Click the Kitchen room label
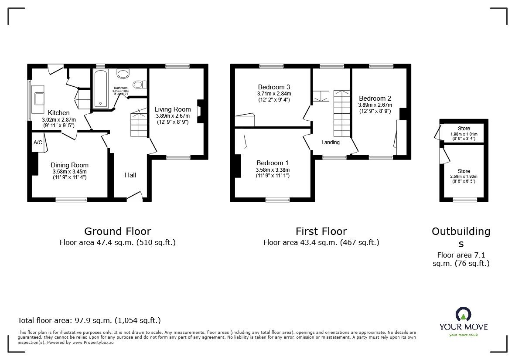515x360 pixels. click(x=59, y=113)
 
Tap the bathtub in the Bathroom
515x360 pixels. click(x=101, y=89)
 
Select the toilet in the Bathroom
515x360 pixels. click(x=140, y=85)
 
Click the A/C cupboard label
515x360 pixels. click(x=38, y=143)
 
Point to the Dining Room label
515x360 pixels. click(x=69, y=165)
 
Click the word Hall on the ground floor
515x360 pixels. click(x=130, y=175)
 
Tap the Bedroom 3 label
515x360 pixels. click(x=274, y=87)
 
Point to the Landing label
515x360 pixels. click(x=331, y=143)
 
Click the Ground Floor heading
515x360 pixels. click(x=117, y=231)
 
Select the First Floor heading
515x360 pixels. click(x=321, y=231)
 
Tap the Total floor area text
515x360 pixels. click(x=89, y=320)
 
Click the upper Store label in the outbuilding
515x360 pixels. click(x=464, y=129)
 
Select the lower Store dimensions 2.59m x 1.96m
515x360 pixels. click(x=463, y=177)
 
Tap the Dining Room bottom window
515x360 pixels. click(x=71, y=200)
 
